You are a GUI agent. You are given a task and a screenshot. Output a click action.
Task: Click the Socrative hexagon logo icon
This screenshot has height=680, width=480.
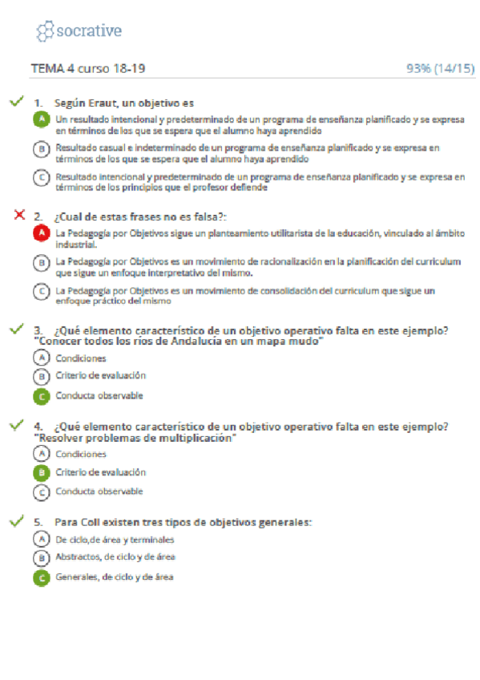click(x=46, y=31)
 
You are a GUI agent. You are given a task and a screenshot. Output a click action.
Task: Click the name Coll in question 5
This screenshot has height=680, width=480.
click(x=90, y=522)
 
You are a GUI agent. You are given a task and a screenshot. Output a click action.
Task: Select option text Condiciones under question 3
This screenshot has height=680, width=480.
click(x=81, y=358)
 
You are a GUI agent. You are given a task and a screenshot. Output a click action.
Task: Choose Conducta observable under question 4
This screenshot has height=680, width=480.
click(x=99, y=491)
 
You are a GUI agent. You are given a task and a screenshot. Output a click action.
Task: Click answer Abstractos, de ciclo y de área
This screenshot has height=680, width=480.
click(x=115, y=557)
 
